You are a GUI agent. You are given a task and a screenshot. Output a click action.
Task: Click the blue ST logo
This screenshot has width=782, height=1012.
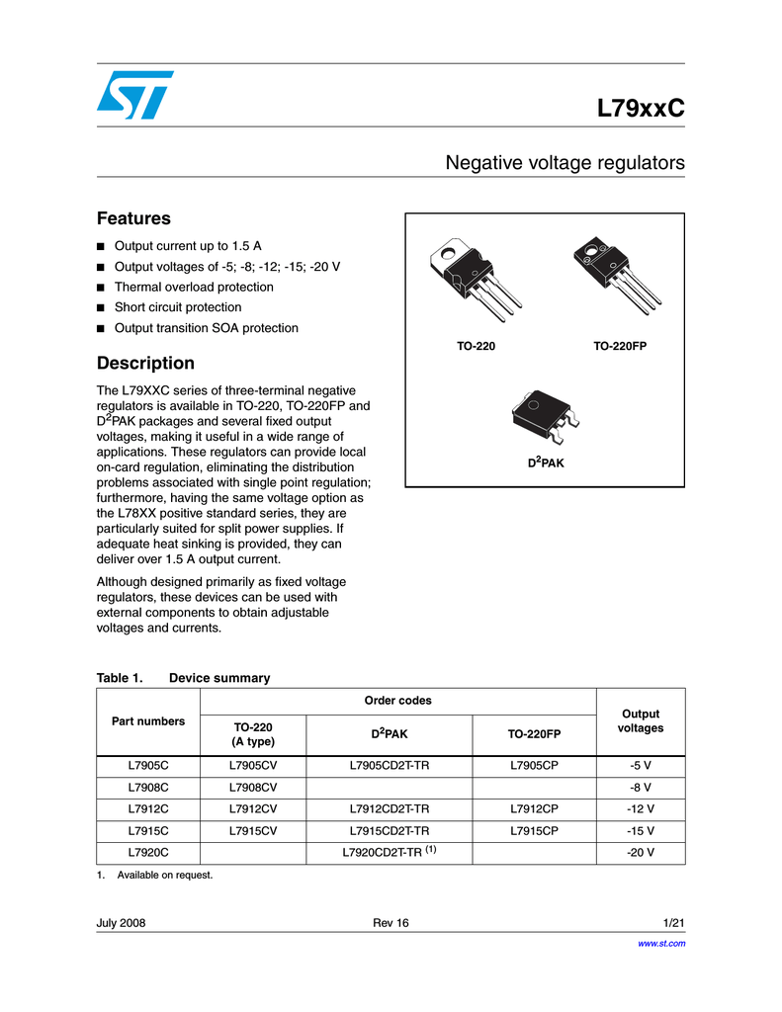pos(135,95)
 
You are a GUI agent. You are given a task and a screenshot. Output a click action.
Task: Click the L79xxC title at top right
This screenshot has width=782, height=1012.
pos(641,108)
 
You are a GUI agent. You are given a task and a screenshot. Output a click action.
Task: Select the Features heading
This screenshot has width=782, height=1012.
pos(133,218)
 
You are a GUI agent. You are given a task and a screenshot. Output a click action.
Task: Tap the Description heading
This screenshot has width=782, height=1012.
pos(145,363)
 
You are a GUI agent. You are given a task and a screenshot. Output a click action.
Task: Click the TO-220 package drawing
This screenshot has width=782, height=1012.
pos(476,279)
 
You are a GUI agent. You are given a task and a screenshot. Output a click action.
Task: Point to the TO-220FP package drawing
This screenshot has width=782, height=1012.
pos(618,275)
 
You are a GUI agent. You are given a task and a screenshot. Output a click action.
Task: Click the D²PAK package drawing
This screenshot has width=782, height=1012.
pos(545,416)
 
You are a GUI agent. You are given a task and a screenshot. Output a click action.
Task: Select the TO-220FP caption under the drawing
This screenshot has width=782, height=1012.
pos(620,346)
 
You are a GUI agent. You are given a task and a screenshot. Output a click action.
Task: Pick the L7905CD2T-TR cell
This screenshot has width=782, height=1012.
pos(390,766)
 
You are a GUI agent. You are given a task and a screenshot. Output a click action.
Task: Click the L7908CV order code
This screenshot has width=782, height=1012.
pos(253,788)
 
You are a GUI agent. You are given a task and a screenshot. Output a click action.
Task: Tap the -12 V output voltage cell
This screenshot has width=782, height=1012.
pos(641,808)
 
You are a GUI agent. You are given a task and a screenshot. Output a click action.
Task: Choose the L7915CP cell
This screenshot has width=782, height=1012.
pos(534,830)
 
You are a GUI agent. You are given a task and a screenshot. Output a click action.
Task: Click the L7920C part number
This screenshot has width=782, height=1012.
pos(148,853)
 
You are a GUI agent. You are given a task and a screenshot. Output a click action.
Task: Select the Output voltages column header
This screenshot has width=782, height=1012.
pos(641,720)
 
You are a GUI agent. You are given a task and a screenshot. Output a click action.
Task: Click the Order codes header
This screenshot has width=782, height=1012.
pos(397,701)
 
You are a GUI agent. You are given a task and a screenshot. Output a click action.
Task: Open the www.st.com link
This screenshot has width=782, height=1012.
pos(662,944)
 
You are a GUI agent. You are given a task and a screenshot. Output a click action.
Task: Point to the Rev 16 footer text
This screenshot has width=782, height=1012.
pos(391,923)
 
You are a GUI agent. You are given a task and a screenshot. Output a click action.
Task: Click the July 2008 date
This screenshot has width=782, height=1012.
pos(121,923)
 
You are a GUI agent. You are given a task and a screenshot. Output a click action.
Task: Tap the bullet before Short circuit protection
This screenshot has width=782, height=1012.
pos(100,308)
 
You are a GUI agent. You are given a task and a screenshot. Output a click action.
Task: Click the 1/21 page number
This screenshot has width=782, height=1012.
pos(674,923)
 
